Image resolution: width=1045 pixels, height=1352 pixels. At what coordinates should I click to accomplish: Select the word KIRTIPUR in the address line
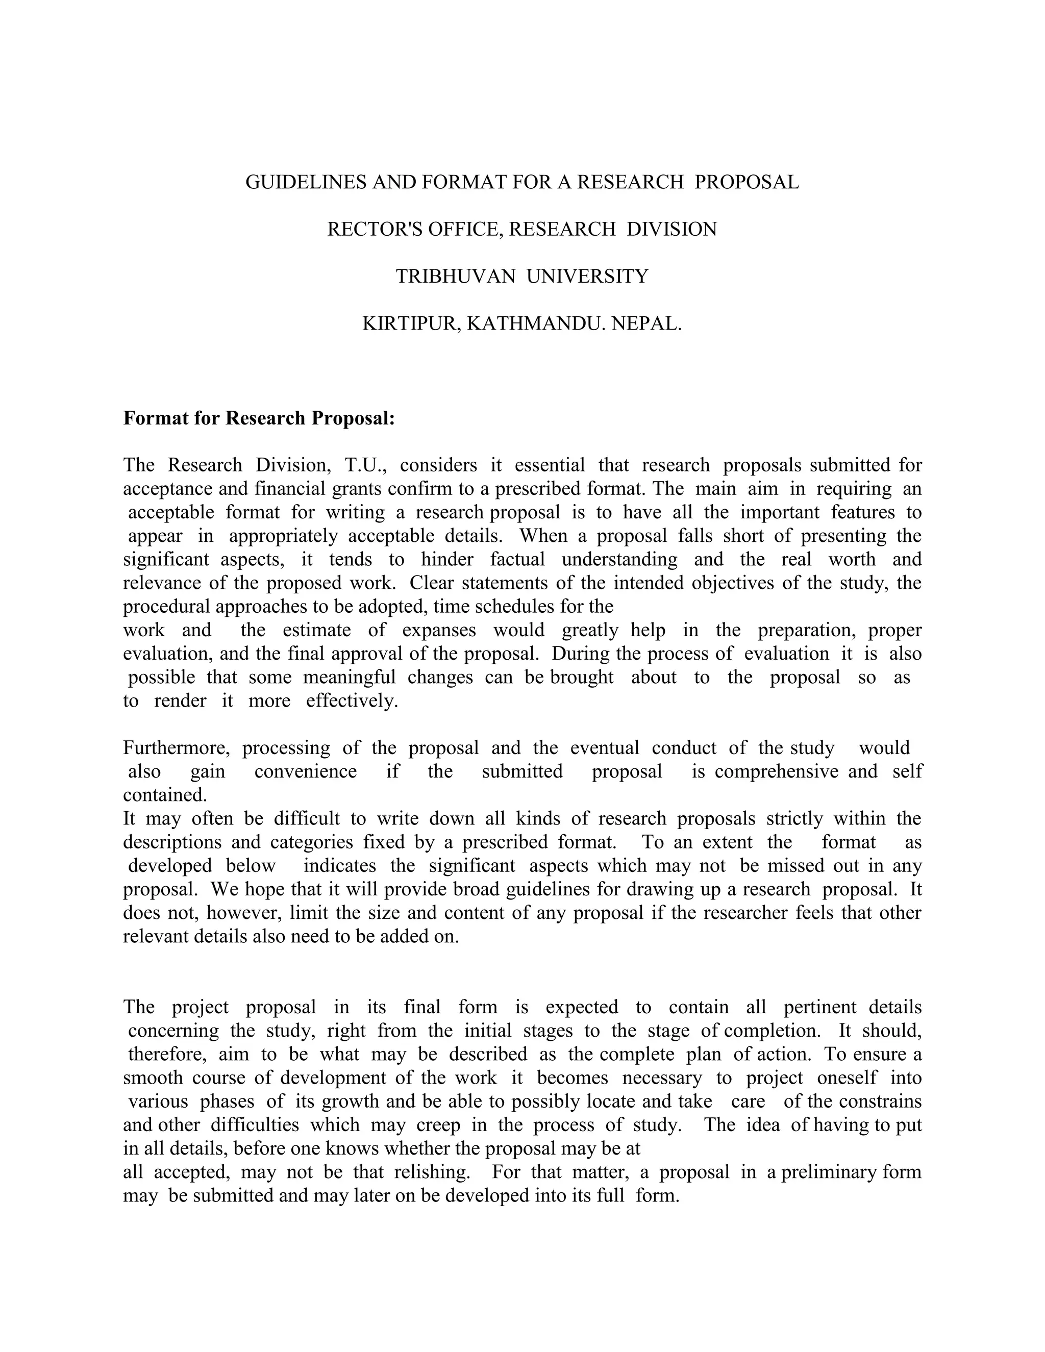411,323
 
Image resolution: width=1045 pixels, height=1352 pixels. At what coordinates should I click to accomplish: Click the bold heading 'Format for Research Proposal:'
259,418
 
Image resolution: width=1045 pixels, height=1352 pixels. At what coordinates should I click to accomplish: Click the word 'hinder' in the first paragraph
447,559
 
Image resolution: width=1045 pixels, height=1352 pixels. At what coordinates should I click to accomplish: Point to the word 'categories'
311,842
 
